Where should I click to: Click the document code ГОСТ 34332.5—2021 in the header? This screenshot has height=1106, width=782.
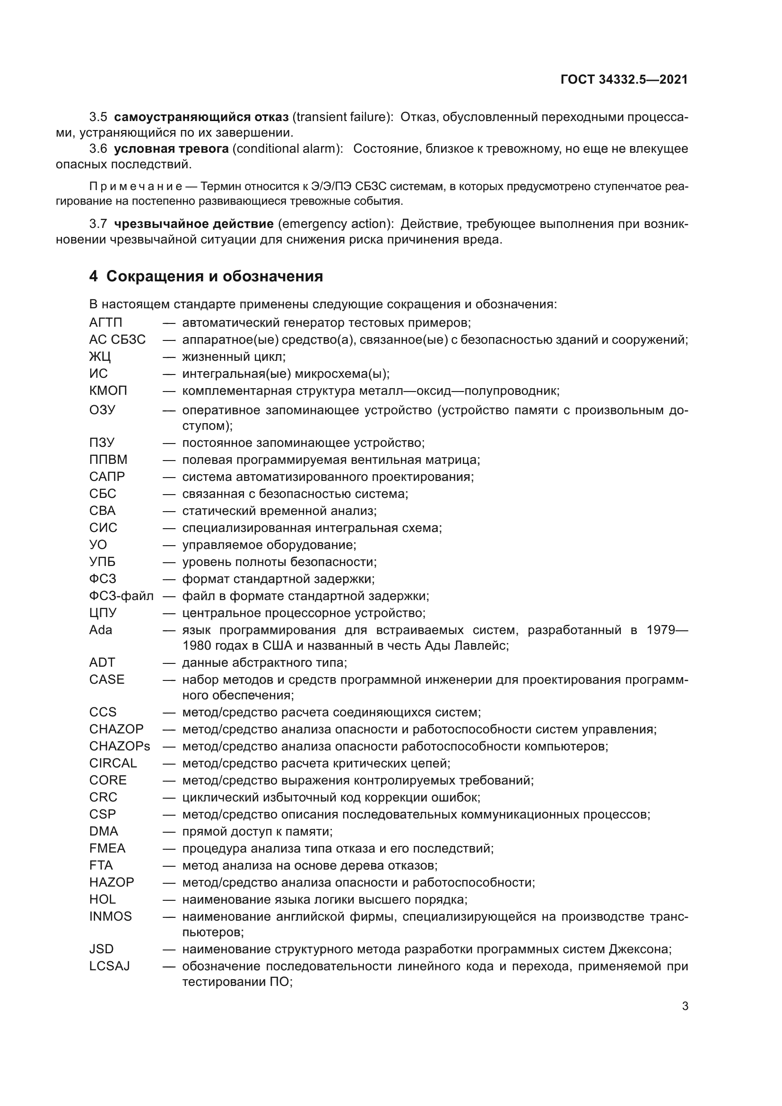tap(624, 80)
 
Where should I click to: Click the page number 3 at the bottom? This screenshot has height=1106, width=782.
tap(685, 1006)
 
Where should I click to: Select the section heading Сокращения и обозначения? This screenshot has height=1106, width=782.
tap(214, 277)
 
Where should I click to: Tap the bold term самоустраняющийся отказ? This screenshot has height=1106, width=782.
tap(201, 117)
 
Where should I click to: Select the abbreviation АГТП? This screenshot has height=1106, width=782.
tap(106, 323)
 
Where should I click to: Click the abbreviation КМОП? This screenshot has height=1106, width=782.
tap(108, 391)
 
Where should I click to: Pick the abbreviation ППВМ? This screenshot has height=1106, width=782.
tap(108, 460)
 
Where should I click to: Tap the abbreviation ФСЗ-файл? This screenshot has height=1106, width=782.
tap(122, 596)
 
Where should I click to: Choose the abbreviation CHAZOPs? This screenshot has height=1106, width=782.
tap(120, 746)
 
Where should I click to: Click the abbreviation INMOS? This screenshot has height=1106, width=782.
tap(110, 916)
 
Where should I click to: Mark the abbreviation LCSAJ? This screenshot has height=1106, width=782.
tap(109, 967)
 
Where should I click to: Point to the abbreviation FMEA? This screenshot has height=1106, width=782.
tap(107, 848)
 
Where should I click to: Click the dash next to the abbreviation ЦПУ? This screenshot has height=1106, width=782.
tap(168, 613)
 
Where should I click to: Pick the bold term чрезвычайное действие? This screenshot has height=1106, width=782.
tap(194, 224)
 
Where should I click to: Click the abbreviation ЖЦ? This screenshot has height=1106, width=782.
tap(100, 357)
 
